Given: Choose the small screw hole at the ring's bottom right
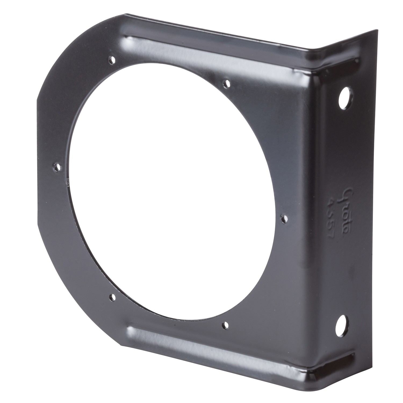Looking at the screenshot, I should tap(225, 325).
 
